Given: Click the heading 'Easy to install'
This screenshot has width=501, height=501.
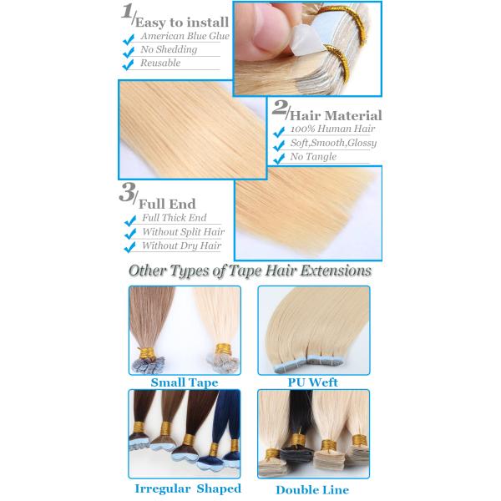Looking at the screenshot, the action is [182, 23].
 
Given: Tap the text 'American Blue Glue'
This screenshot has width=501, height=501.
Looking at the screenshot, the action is [185, 36].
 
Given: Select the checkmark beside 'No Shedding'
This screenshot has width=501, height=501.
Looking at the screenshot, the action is [128, 52].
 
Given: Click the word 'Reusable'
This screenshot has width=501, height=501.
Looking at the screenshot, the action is [160, 63].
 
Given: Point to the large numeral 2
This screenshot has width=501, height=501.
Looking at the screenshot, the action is [279, 108].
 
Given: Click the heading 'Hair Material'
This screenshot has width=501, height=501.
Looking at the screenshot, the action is [336, 116].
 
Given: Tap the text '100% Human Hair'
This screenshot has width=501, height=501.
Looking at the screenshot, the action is [332, 129].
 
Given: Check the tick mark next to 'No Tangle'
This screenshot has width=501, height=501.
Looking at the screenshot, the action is [279, 159].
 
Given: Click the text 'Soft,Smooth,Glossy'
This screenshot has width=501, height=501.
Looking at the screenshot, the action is [333, 143].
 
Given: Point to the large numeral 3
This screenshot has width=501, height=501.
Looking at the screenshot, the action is [127, 192].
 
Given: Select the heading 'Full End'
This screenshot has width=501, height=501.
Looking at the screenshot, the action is [167, 205].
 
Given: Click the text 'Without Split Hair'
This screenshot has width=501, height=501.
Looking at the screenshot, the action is [184, 231].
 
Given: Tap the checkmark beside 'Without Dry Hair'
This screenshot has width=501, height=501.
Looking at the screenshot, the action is [129, 247].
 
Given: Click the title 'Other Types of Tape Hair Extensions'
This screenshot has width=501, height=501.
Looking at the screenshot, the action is [250, 271].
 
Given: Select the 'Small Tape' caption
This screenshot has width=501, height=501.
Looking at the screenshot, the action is [185, 382].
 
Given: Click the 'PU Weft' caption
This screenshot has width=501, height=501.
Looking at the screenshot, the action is [313, 382].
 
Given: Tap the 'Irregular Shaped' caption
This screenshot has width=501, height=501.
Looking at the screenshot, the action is [188, 488].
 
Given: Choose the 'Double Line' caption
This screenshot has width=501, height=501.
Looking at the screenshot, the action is [312, 490].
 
